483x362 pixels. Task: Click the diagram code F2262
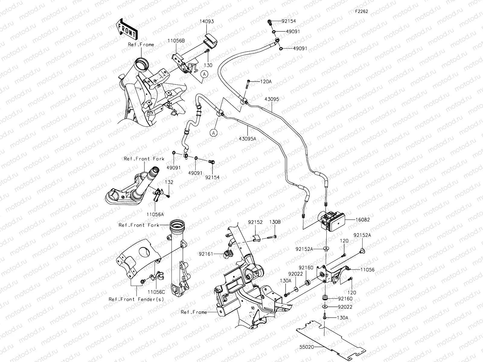click(x=361, y=11)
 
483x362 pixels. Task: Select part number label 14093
click(x=206, y=22)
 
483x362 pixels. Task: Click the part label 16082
click(x=363, y=220)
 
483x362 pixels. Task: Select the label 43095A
click(x=248, y=138)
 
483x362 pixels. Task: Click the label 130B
click(x=275, y=222)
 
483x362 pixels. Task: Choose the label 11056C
click(x=156, y=292)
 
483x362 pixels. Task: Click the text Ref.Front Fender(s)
click(x=136, y=299)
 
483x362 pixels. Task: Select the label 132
click(x=169, y=182)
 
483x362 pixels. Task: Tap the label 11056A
click(x=155, y=214)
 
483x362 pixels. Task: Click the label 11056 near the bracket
click(x=367, y=270)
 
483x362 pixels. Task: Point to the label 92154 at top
click(x=289, y=21)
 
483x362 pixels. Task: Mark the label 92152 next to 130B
click(x=255, y=222)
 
